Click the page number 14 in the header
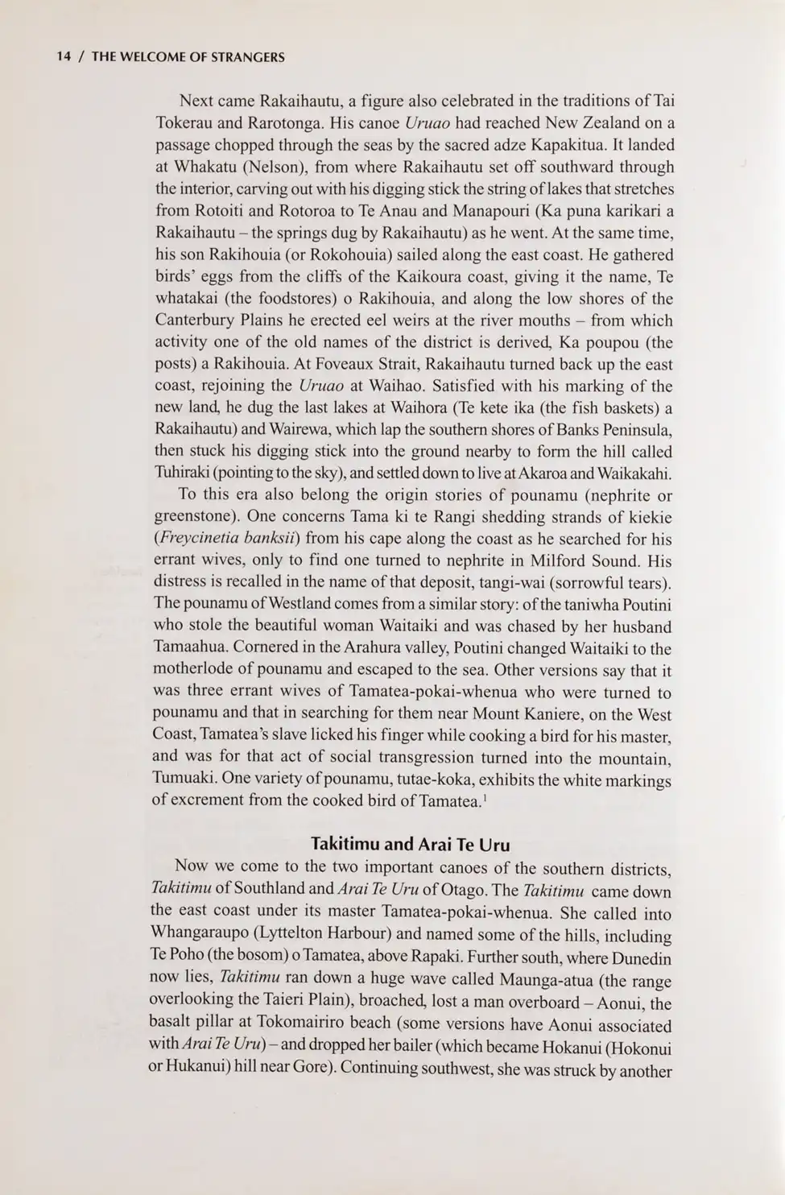tap(64, 57)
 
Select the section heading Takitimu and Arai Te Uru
tap(410, 844)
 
